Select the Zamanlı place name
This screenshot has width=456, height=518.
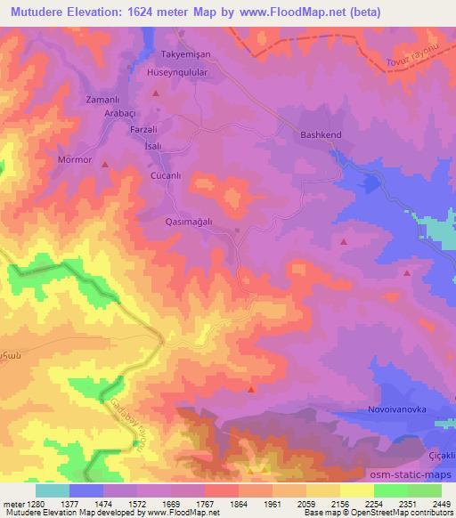pos(101,101)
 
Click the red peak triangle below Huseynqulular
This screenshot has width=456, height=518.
pos(157,92)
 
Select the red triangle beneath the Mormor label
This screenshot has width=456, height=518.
pos(106,164)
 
